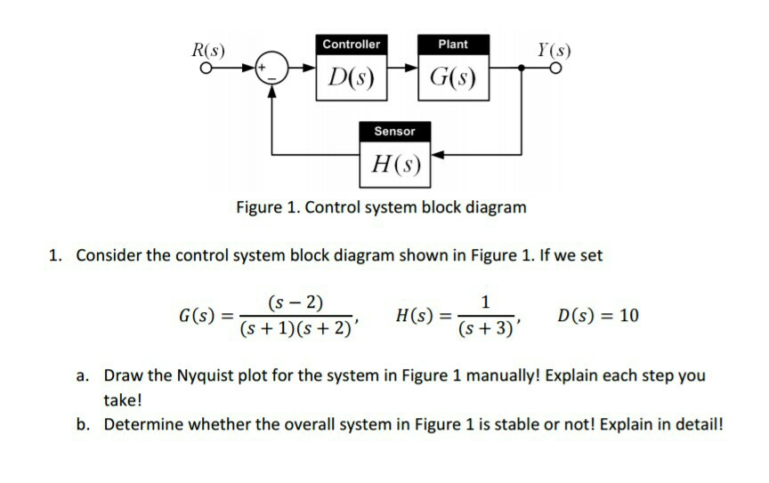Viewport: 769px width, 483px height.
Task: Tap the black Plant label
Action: click(452, 44)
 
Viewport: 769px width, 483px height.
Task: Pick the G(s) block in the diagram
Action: click(452, 78)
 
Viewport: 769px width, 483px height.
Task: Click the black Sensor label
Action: click(394, 131)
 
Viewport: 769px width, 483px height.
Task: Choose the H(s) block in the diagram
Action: click(394, 165)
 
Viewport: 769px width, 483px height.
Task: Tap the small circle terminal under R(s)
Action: click(206, 68)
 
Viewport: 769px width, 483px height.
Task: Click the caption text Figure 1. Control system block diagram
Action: click(381, 207)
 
